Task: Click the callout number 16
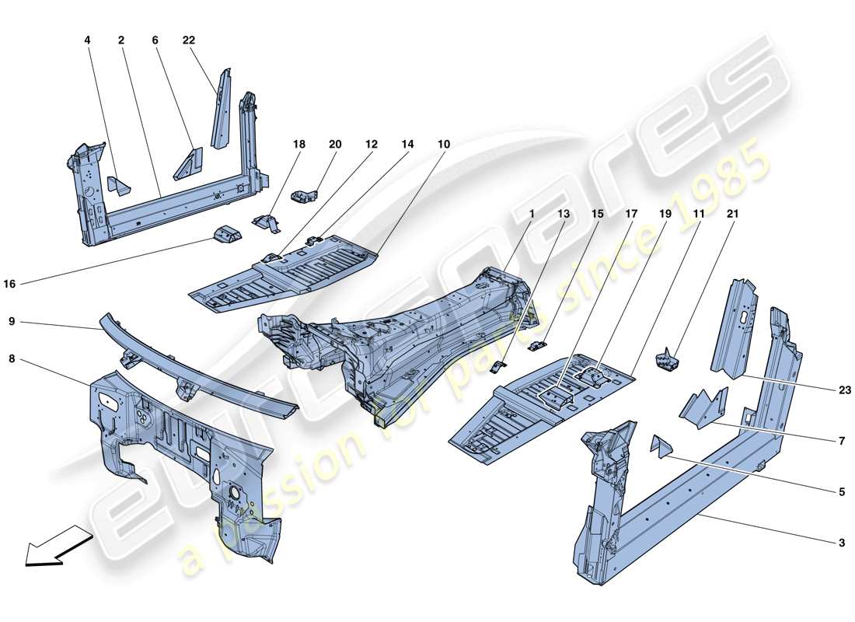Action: click(x=9, y=285)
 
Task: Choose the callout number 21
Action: click(x=733, y=212)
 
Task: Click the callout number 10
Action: click(x=444, y=144)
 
